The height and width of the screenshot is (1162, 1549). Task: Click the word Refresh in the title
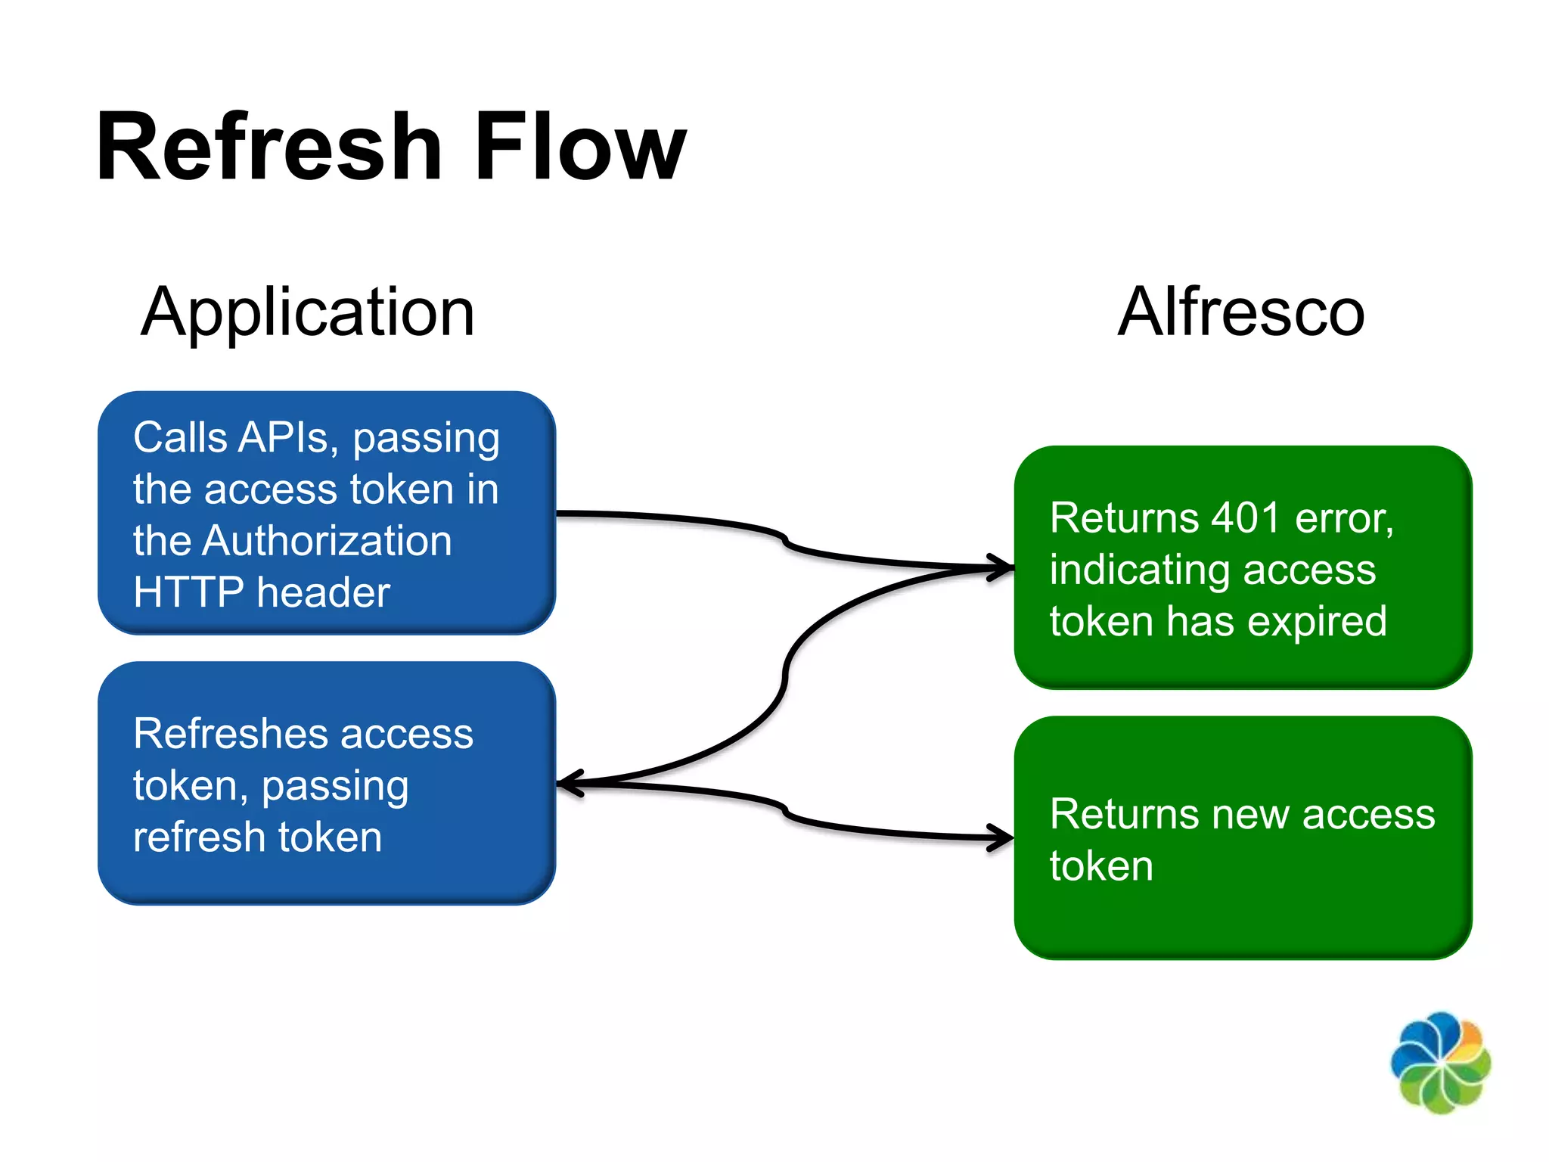coord(269,147)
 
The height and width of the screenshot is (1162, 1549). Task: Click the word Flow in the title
coord(580,147)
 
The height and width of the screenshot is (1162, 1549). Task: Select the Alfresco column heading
coord(1241,312)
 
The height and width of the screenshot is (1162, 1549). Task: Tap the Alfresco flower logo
coord(1440,1062)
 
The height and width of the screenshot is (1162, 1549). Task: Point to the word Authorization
coord(327,541)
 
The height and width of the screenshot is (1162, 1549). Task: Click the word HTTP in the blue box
coord(188,592)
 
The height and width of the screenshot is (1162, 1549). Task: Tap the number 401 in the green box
coord(1246,518)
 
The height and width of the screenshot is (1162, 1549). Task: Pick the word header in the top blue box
coord(323,592)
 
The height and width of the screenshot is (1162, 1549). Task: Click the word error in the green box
coord(1343,518)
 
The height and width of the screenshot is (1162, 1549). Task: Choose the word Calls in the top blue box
coord(180,437)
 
